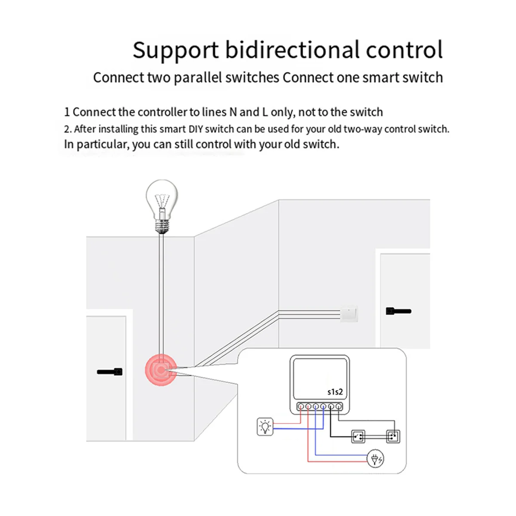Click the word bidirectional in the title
click(292, 50)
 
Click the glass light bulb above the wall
click(162, 200)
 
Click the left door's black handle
click(110, 372)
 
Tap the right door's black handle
click(398, 311)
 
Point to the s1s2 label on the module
click(335, 392)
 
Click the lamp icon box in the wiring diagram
click(265, 427)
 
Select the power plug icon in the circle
click(375, 459)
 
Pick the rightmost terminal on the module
click(339, 406)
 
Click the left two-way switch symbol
click(358, 437)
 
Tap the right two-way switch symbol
click(393, 437)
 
